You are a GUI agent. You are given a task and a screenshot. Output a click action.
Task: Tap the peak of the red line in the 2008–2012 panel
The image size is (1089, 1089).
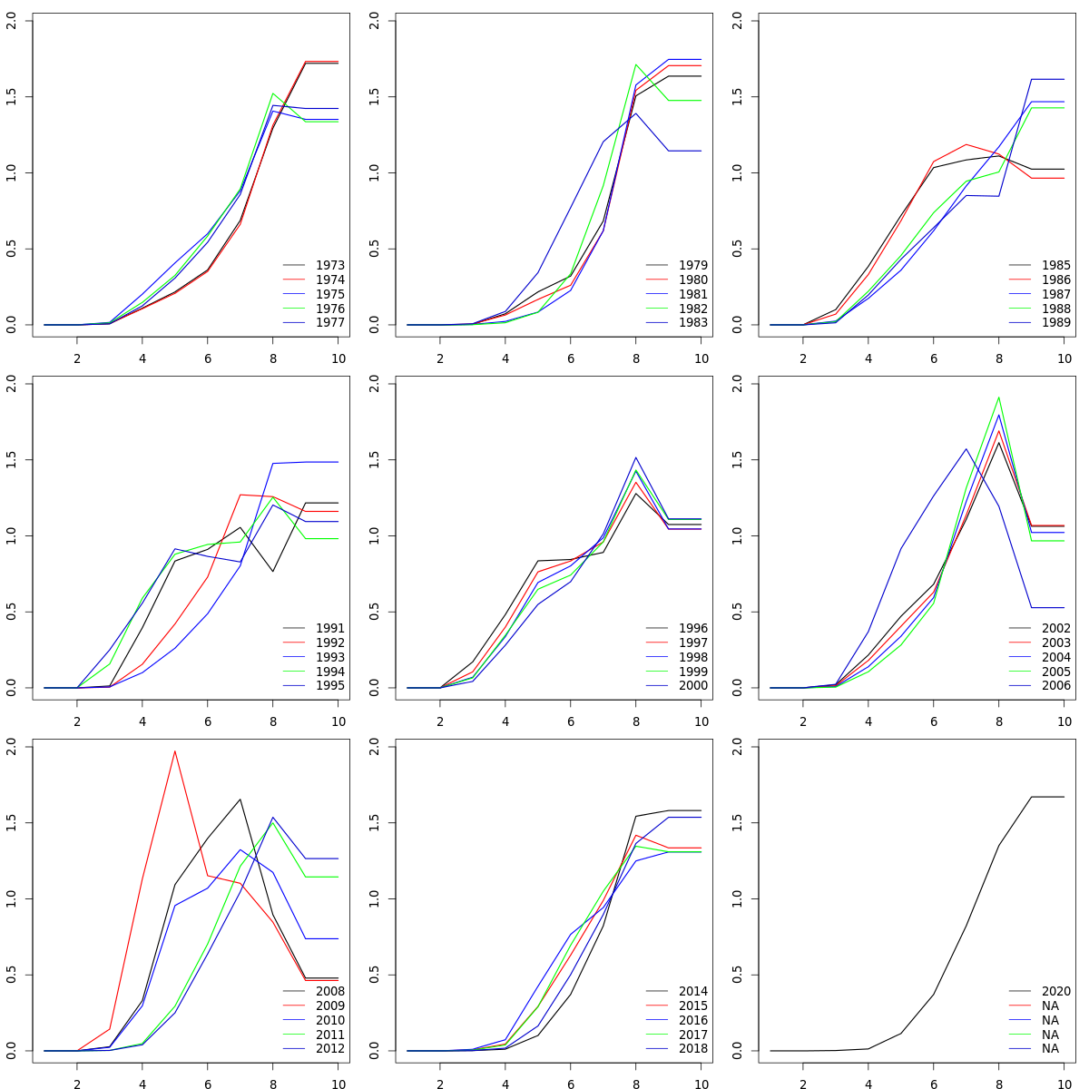[x=174, y=751]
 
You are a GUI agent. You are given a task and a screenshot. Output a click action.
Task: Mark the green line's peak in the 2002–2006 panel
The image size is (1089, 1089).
[x=998, y=397]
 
